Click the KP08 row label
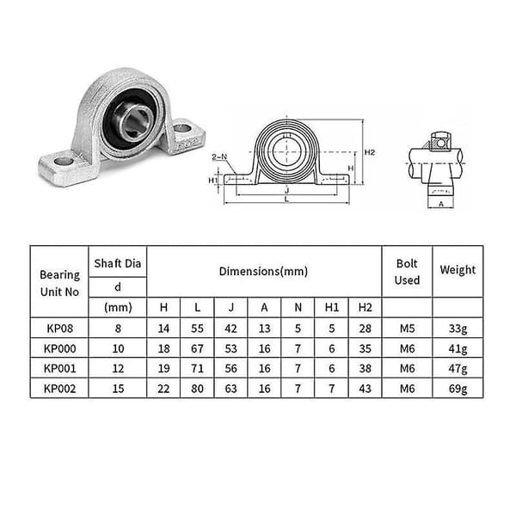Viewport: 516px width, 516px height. tap(59, 329)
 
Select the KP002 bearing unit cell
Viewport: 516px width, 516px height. tap(59, 389)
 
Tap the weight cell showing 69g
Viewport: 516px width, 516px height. tap(458, 389)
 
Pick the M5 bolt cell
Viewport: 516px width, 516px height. tap(407, 329)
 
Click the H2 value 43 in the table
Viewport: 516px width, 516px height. tap(365, 389)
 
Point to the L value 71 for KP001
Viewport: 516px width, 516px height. tap(197, 369)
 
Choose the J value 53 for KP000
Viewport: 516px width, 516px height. tap(230, 348)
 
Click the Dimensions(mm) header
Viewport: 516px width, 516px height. tap(264, 272)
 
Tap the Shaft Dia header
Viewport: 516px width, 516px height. tap(118, 263)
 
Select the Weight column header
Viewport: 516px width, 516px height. tap(458, 270)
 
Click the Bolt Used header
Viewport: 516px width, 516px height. tap(407, 272)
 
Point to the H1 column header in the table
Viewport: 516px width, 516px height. tap(331, 307)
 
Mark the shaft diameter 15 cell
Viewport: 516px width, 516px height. tap(118, 389)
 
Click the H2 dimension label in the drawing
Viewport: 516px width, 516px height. tap(370, 152)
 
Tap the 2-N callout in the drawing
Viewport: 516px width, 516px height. tap(219, 157)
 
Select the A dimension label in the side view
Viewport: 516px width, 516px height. tap(441, 204)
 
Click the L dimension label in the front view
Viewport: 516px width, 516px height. tap(286, 200)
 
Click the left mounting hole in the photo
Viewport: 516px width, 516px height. tap(64, 162)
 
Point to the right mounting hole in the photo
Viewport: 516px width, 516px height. tap(182, 128)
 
